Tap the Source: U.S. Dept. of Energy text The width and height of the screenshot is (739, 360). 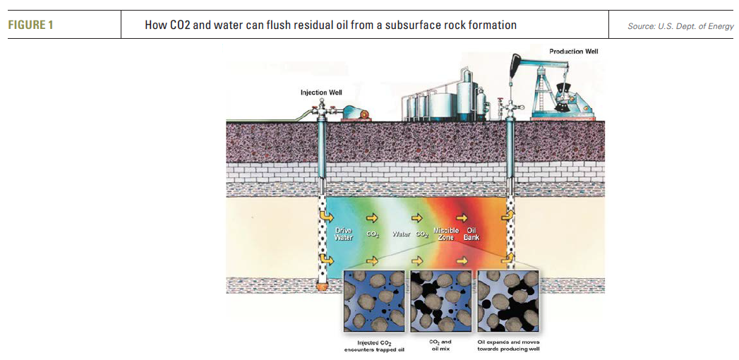680,26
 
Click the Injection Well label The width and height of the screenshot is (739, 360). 321,92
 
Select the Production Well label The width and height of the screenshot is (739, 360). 574,52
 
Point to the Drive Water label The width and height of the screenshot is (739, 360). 343,234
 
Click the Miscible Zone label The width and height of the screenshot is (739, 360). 445,234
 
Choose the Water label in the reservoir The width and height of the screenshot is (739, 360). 400,234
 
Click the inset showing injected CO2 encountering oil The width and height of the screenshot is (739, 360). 373,301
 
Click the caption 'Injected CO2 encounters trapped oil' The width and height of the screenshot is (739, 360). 372,346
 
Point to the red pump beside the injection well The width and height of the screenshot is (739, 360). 354,113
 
